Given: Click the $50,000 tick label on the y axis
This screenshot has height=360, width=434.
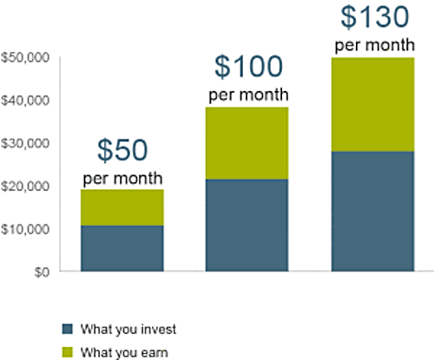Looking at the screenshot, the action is [25, 58].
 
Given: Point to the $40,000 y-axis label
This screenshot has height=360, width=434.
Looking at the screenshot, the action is [25, 101].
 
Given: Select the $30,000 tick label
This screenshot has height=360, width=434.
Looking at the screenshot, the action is [25, 143].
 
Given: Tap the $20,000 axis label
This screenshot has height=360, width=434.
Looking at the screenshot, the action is [25, 187].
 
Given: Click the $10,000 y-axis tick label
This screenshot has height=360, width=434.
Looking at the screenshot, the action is [25, 229].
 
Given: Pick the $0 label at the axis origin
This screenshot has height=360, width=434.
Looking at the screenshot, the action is [42, 272].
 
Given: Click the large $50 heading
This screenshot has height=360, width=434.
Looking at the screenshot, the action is [122, 150].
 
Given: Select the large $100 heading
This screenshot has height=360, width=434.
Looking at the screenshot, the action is [248, 67].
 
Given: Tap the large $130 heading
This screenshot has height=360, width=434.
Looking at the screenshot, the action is [375, 16].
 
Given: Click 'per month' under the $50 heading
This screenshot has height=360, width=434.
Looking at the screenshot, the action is [122, 179].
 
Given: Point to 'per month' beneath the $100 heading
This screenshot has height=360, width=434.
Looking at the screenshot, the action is [248, 95].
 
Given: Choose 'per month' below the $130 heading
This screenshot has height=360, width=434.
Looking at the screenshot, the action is [375, 46].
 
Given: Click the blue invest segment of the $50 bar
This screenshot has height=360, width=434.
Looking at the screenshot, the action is [122, 248].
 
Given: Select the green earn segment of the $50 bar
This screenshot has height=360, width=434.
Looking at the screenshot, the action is [122, 207].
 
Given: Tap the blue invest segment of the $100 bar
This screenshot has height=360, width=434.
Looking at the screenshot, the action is [247, 226].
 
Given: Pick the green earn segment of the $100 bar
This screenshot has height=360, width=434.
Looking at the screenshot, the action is [247, 143].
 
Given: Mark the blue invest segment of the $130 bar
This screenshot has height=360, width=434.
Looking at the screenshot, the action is [373, 212].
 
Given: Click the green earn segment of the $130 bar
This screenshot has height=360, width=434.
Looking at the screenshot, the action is [373, 105].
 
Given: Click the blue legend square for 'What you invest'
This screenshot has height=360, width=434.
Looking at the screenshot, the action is [68, 329].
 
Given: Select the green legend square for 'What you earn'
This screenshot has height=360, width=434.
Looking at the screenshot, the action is [68, 352].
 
